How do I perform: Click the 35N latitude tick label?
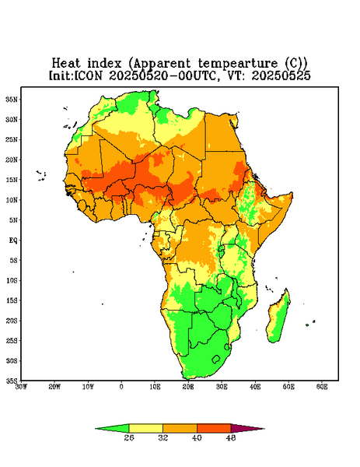[x=12, y=99]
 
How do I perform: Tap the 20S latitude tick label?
[x=12, y=321]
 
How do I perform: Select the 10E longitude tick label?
[x=155, y=387]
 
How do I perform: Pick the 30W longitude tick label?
[x=21, y=387]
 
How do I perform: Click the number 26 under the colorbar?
[x=129, y=437]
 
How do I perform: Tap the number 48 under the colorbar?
[x=231, y=437]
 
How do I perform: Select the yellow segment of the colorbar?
[x=145, y=428]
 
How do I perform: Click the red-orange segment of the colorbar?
[x=214, y=428]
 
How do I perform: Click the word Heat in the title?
[x=66, y=64]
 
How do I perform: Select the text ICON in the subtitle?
[x=88, y=75]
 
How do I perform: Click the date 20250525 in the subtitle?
[x=281, y=75]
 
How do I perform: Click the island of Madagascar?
[x=279, y=318]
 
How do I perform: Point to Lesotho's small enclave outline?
[x=216, y=359]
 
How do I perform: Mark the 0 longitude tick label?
[x=121, y=387]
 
